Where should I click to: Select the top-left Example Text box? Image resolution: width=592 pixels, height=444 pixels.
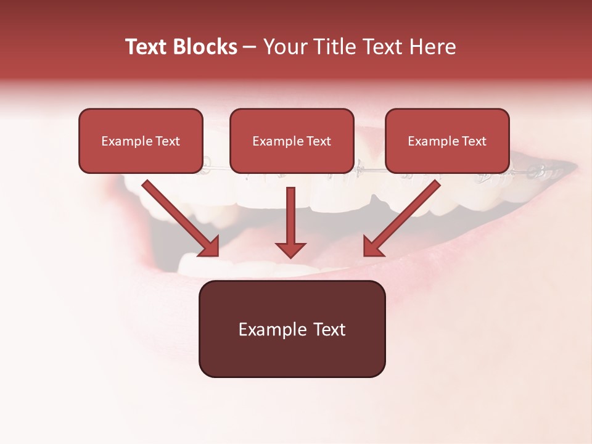[x=141, y=141]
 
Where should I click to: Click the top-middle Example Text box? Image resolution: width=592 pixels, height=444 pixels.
[x=292, y=141]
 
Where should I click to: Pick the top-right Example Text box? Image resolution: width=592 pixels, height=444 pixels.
[x=447, y=141]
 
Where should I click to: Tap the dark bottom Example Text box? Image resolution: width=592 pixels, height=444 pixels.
[x=292, y=329]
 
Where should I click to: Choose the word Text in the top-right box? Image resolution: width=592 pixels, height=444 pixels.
[x=474, y=141]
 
